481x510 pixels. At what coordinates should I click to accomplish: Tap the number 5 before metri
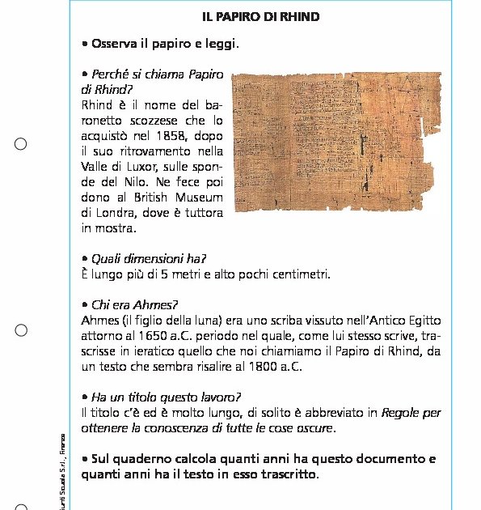pos(165,274)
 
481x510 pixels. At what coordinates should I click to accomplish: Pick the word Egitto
pos(422,320)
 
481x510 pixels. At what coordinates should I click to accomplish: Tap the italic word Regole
pos(402,412)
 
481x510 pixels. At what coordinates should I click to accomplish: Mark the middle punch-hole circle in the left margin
pos(21,330)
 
